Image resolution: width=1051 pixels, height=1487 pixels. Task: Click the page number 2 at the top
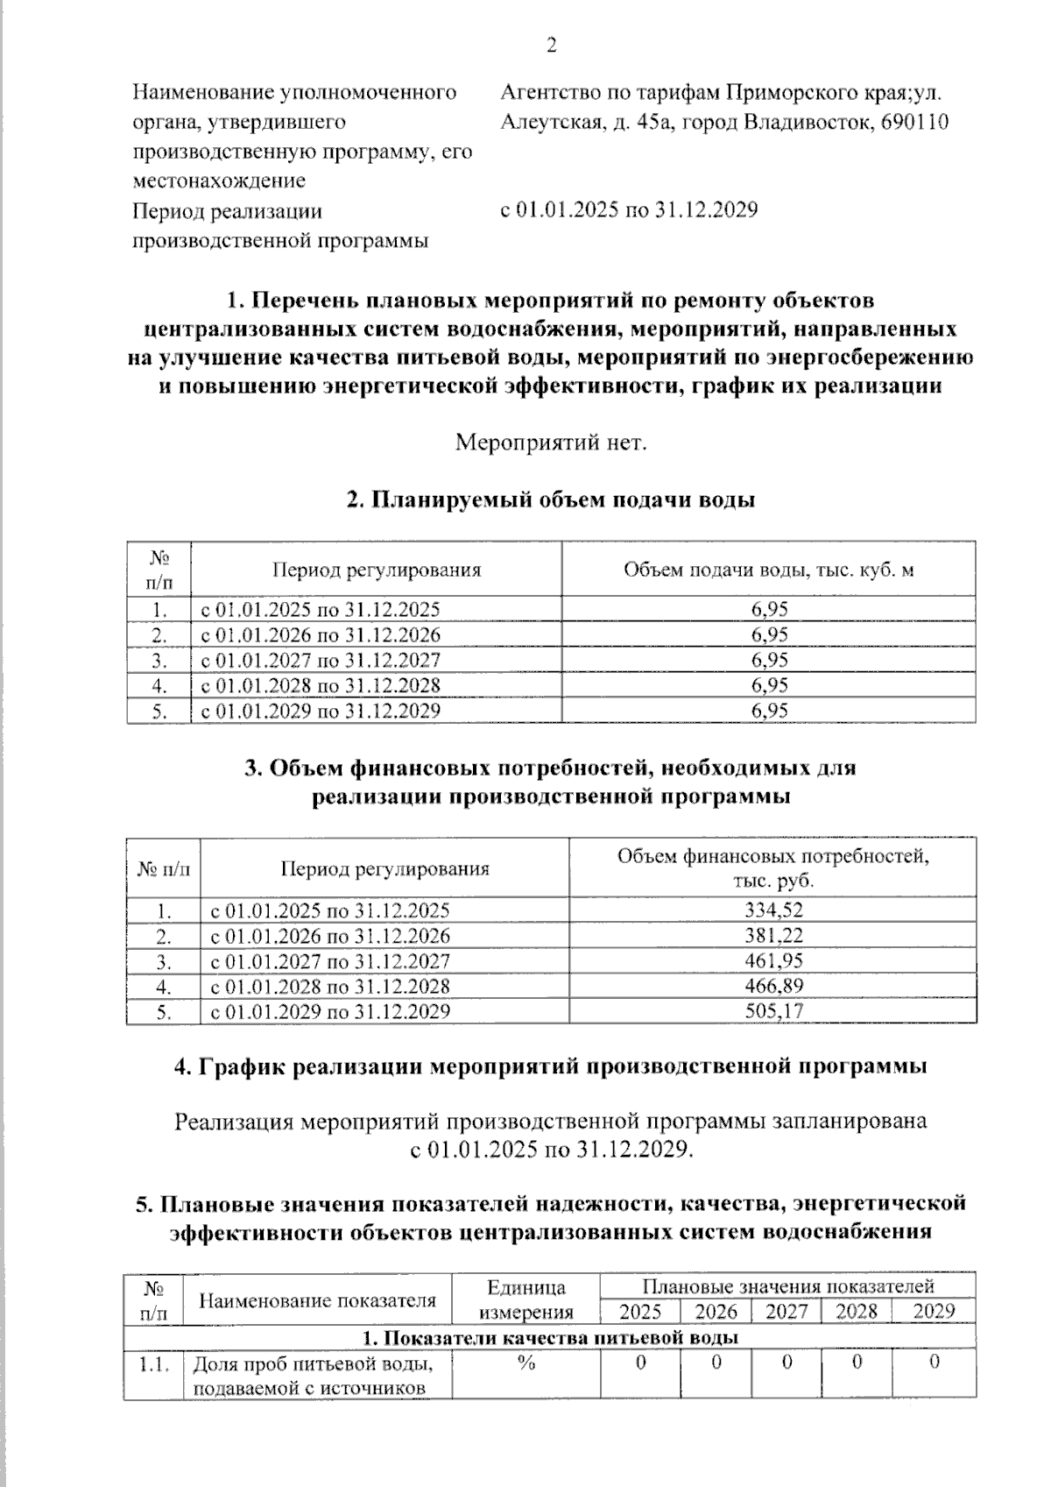pos(552,46)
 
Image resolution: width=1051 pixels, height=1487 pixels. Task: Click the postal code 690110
pos(914,122)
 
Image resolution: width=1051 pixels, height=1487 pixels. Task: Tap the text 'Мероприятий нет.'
pos(551,443)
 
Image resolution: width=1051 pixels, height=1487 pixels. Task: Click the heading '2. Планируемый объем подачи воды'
pos(551,500)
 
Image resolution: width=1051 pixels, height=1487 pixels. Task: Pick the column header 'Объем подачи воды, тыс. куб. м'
pos(768,570)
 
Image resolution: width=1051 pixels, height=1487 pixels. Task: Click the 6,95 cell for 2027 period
pos(769,660)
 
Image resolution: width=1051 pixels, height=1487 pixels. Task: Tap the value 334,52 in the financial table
pos(773,910)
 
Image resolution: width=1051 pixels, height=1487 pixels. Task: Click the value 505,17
pos(773,1011)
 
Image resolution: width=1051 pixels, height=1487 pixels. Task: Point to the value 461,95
pos(773,960)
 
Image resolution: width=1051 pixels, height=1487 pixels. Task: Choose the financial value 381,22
pos(773,935)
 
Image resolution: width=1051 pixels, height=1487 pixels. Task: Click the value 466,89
pos(773,986)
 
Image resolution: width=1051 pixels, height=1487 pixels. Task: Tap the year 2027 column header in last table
pos(786,1312)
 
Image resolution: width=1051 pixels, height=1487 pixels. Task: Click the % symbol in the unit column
pos(525,1363)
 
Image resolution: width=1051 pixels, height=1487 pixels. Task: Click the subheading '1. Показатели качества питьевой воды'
pos(551,1337)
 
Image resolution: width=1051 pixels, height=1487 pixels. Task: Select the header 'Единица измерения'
pos(525,1299)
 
